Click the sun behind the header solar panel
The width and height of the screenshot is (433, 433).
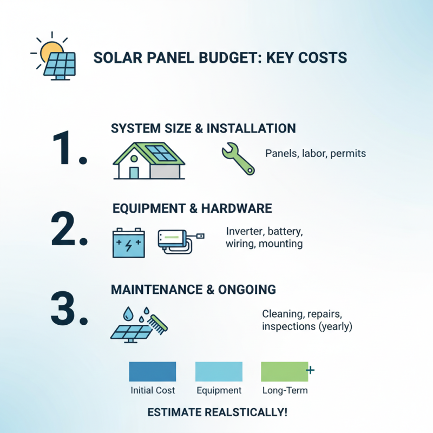click(51, 50)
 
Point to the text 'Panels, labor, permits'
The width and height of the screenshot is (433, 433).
click(316, 153)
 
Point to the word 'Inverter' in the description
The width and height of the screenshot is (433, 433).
click(244, 232)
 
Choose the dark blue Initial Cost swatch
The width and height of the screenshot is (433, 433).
click(152, 372)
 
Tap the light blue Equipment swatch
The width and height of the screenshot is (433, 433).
click(219, 372)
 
